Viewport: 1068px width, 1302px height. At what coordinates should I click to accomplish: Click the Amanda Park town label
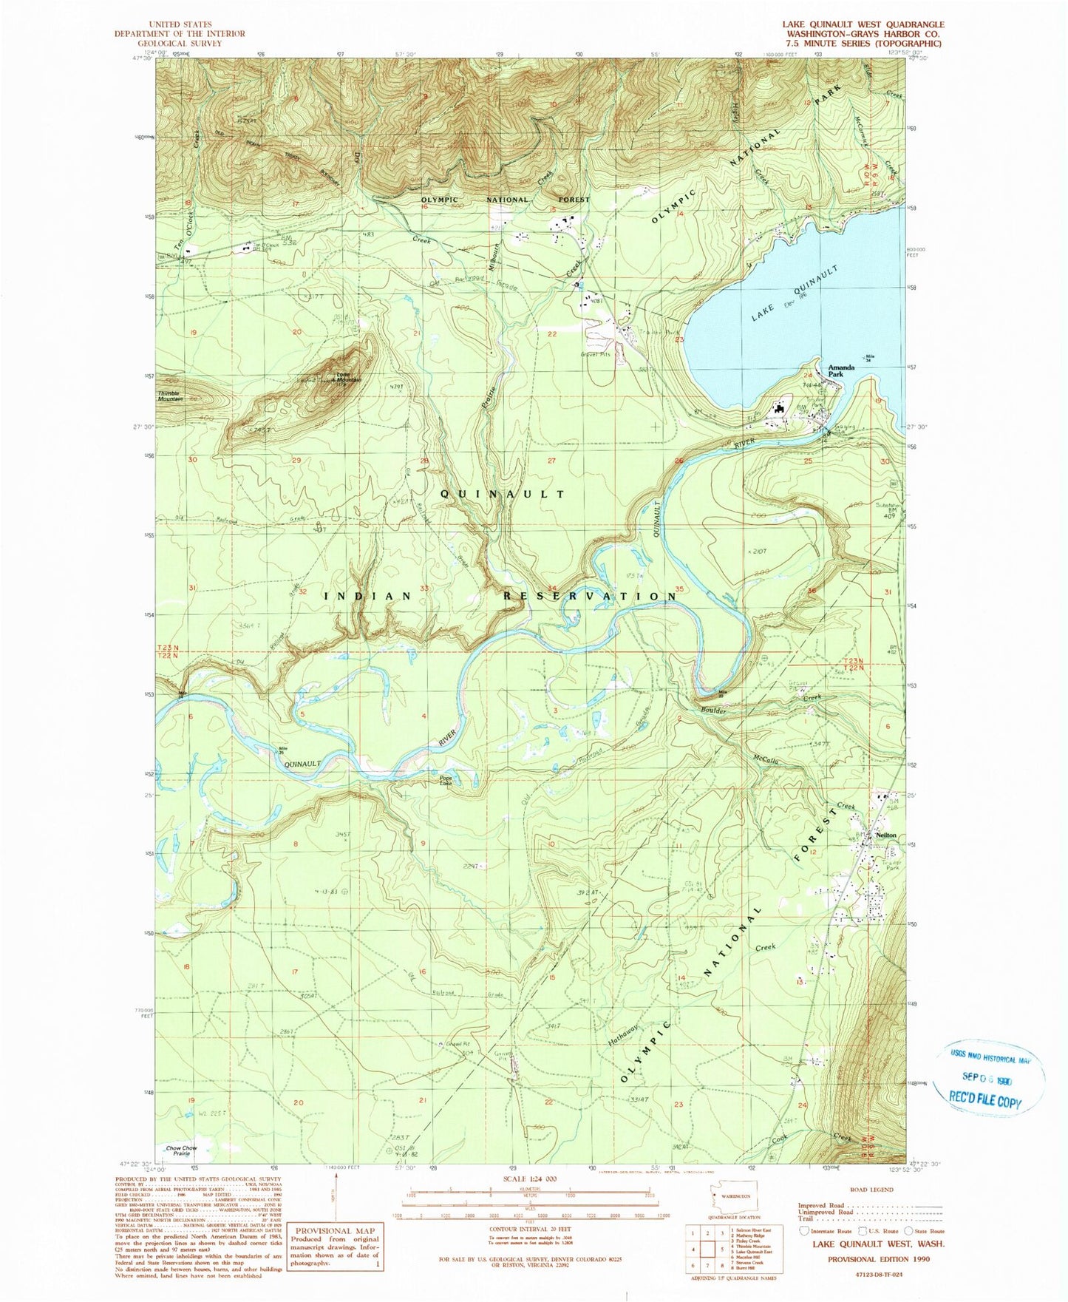pos(840,370)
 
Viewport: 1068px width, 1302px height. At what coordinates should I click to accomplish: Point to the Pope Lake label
pos(446,780)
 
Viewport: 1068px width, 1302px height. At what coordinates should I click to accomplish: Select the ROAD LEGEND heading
pos(872,1190)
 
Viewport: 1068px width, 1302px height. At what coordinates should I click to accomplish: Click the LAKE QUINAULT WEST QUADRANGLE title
pos(863,24)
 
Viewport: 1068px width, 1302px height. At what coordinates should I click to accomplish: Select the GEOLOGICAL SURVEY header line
pos(180,43)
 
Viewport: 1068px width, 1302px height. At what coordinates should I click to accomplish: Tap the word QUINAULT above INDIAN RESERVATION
pos(503,494)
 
